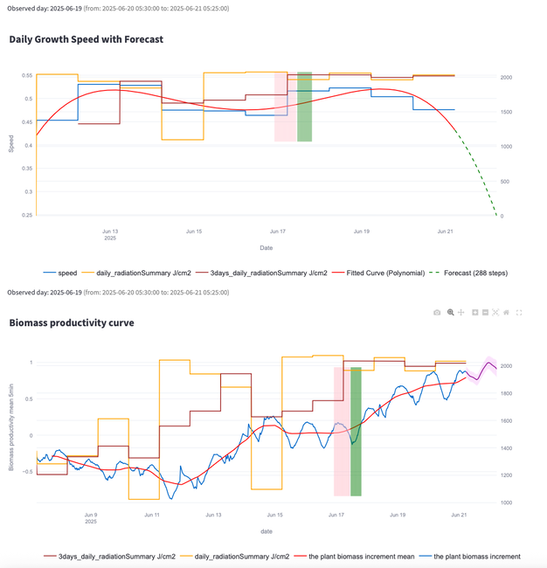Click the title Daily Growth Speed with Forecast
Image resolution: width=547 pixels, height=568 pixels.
86,39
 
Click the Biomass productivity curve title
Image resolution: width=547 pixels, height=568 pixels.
72,323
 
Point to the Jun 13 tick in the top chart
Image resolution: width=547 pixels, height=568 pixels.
110,232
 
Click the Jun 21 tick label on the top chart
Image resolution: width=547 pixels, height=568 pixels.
445,232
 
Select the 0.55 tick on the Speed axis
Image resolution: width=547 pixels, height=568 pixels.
29,76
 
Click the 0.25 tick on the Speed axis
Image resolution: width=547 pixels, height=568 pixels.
29,215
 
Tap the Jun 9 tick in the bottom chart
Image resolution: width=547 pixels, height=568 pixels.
90,515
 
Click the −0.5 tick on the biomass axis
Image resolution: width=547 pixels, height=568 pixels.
25,472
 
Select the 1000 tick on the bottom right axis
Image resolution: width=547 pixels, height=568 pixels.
506,502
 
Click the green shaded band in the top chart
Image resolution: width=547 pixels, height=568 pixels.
304,107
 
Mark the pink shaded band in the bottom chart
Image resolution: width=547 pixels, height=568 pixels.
342,432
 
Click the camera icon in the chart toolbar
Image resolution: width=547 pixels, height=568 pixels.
437,312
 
